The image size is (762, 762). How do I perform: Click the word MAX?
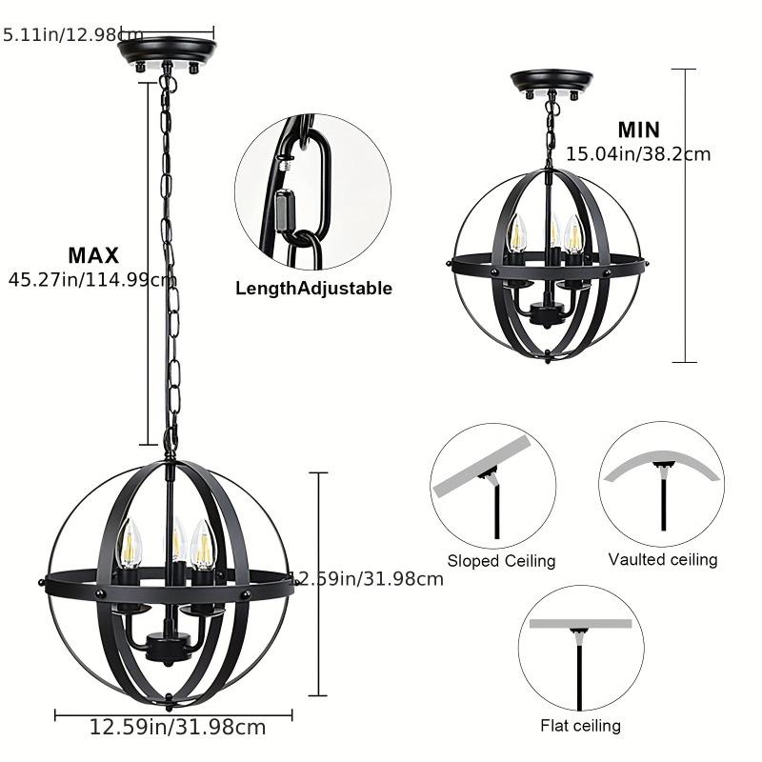point(93,255)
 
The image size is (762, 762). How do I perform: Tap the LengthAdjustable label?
point(313,289)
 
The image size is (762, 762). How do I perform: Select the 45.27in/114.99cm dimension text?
point(90,280)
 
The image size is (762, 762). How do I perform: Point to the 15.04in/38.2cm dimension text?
point(638,153)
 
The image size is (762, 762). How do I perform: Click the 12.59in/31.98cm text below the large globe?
point(177,729)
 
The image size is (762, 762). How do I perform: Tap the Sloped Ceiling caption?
point(501,561)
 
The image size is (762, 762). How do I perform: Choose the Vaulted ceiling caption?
point(663,559)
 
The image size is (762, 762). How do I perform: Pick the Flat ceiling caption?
point(580,726)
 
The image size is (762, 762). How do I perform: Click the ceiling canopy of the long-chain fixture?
point(167,50)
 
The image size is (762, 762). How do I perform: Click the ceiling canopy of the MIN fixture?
point(551,82)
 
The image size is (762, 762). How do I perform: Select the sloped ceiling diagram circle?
point(492,485)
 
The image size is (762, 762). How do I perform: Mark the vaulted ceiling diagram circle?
point(661,484)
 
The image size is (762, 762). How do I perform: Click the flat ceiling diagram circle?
point(580,648)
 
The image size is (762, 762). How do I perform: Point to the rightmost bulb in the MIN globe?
point(573,235)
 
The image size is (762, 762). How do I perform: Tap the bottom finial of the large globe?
point(169,702)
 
